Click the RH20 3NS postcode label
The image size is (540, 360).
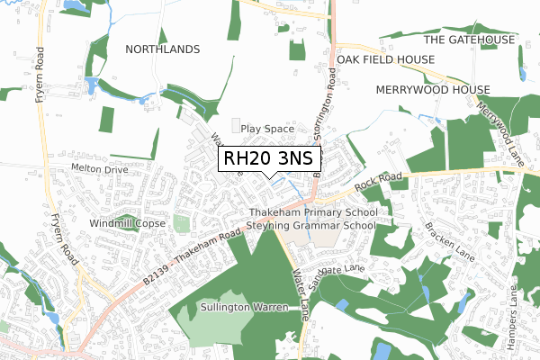point(269,158)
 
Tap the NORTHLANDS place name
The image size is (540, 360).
point(162,49)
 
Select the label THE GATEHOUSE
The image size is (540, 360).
point(469,40)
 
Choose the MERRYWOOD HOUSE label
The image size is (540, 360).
point(433,90)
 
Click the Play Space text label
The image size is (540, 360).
point(267,129)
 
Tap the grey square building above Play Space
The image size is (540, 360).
point(238,124)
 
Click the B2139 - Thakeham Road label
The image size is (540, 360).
point(193,257)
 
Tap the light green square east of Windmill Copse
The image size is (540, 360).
point(182,222)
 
